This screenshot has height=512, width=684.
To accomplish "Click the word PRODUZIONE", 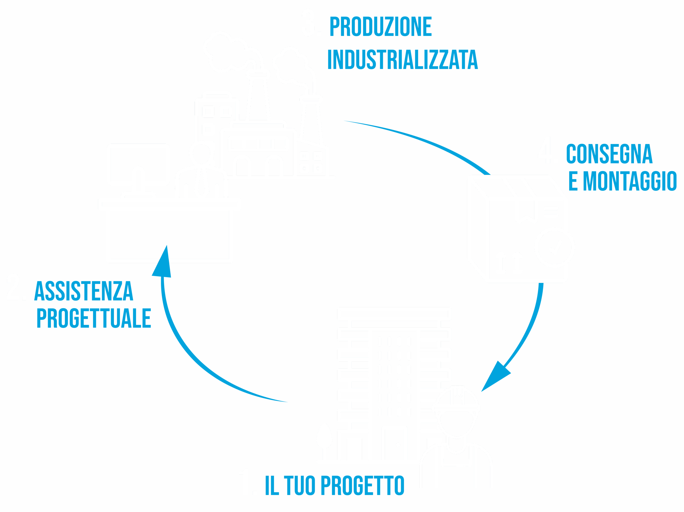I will click(x=381, y=27).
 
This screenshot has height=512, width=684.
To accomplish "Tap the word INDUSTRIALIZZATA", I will click(x=402, y=60).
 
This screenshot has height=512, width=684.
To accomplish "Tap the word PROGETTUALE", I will click(x=94, y=318).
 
